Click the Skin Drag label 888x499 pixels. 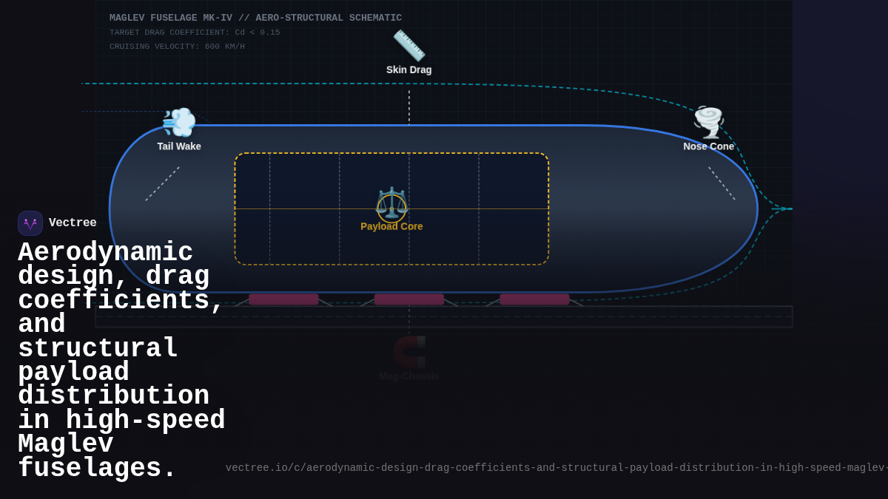(408, 69)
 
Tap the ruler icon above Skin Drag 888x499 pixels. (408, 46)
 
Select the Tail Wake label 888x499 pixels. (179, 146)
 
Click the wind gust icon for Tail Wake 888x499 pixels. (179, 123)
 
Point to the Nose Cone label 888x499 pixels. (708, 146)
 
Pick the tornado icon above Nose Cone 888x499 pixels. (708, 122)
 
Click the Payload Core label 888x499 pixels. (391, 226)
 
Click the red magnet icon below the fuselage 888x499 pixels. (409, 352)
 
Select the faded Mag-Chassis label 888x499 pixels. (408, 376)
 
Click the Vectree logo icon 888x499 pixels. (30, 223)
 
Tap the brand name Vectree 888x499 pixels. (73, 223)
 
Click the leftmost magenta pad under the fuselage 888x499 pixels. (283, 299)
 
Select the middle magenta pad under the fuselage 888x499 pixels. (408, 299)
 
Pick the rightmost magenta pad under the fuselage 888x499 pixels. (534, 299)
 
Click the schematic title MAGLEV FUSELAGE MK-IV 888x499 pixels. (255, 18)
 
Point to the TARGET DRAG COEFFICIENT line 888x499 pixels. (195, 33)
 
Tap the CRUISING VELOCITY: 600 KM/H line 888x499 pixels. (177, 47)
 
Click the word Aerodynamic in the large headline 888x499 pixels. (105, 253)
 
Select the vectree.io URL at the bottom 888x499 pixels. (555, 468)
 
